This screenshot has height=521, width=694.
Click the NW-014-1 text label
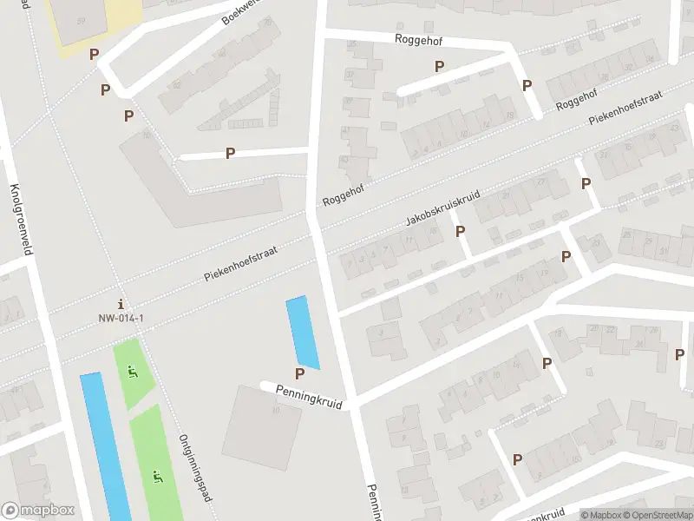coord(121,318)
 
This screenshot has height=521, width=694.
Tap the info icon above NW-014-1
coord(121,304)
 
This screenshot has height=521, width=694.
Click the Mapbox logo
coord(37,511)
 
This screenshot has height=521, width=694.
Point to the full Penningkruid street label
coord(311,399)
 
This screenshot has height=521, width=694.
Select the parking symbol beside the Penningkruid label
coord(299,374)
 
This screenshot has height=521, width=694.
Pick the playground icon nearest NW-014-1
coord(132,373)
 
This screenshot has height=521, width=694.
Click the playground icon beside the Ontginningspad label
coord(157,476)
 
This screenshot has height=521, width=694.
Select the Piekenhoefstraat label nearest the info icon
coord(240,261)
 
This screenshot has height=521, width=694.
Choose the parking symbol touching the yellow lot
coord(95,54)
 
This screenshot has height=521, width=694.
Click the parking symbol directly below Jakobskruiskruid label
coord(460,232)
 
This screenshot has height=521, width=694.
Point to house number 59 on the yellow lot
coord(81,20)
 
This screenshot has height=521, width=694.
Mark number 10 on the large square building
coord(275,411)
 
